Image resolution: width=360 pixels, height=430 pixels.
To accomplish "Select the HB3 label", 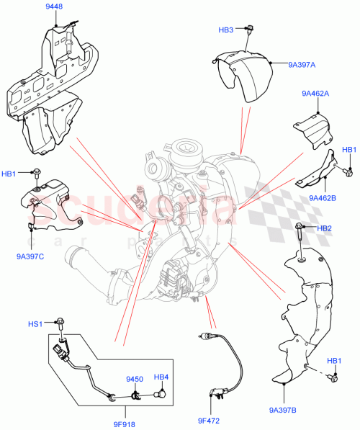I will pyautogui.click(x=226, y=30).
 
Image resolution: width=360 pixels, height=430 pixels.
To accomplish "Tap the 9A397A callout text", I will pyautogui.click(x=302, y=65).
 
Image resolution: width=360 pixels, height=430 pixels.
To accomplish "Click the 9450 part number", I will pyautogui.click(x=135, y=378).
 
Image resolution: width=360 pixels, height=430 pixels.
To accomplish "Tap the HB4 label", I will pyautogui.click(x=161, y=378).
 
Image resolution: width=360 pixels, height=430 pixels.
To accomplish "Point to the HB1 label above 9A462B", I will pyautogui.click(x=348, y=150).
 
